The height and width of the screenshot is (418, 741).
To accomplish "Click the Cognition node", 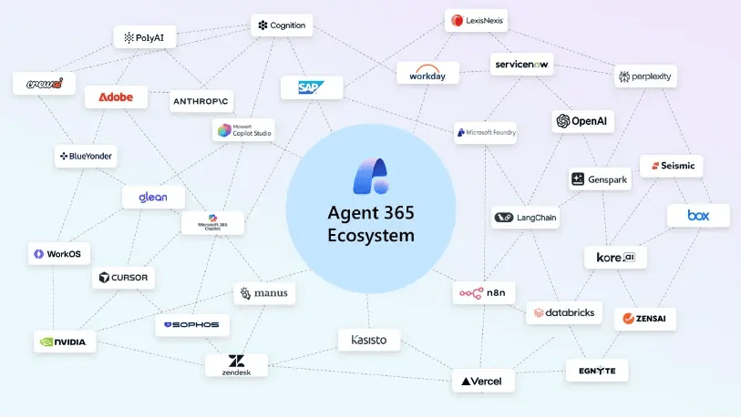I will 282,25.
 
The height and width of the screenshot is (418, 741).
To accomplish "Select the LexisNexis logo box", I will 477,19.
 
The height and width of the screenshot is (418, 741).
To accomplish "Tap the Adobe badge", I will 116,97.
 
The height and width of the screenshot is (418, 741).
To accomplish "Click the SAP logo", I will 311,87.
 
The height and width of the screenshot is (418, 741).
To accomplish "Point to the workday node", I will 427,73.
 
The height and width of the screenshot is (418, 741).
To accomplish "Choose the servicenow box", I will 522,64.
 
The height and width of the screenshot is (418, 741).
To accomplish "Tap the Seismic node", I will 671,166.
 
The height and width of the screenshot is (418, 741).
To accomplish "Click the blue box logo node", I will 698,216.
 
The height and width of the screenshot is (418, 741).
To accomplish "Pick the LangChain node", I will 525,217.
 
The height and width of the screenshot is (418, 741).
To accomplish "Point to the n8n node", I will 483,293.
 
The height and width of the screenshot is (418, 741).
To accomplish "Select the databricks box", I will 564,312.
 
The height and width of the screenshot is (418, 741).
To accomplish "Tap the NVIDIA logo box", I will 64,342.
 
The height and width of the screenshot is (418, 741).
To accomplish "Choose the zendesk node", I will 236,365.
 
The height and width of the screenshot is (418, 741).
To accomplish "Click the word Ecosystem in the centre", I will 370,236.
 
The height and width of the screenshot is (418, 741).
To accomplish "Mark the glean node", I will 153,197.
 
